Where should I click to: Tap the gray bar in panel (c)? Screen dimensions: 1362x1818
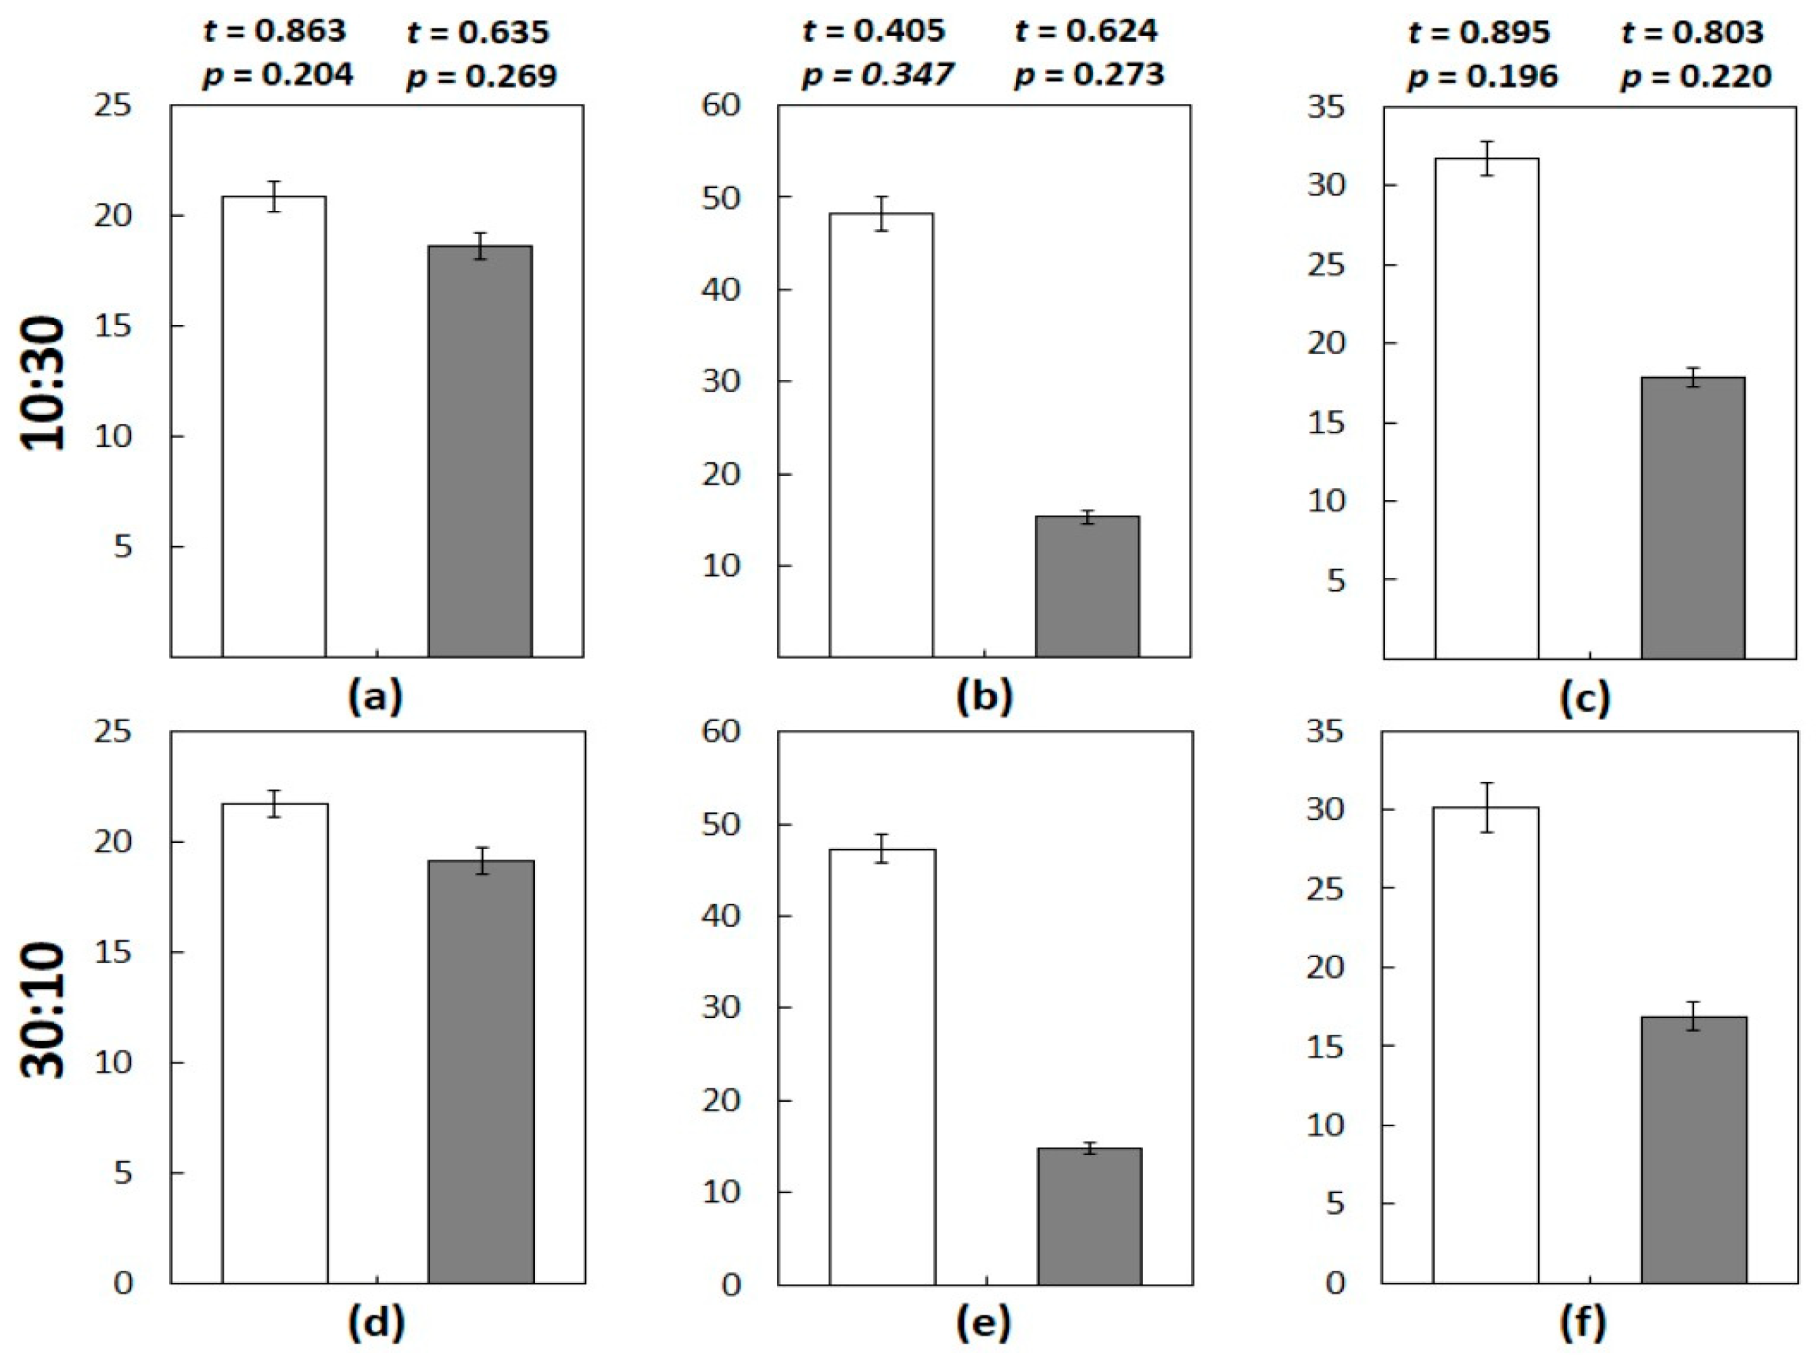(1693, 518)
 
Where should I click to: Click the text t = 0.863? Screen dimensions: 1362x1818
(275, 32)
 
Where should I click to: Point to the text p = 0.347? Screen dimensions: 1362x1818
(877, 76)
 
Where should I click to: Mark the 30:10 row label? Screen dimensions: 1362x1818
(43, 1011)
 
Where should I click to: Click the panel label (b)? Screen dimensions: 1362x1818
(984, 698)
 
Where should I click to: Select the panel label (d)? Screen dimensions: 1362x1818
(377, 1324)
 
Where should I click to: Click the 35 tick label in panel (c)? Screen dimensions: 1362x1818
(1326, 107)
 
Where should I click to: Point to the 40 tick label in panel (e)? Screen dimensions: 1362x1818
(721, 915)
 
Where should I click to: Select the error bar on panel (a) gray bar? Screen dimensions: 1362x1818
(480, 245)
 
